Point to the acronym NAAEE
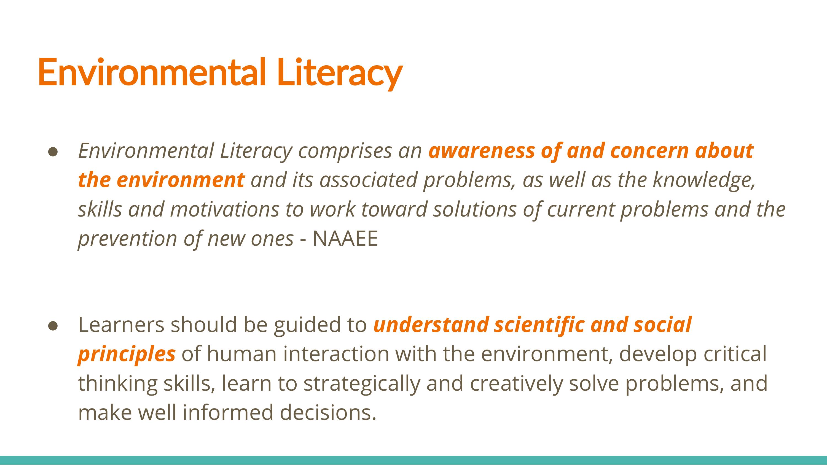click(345, 239)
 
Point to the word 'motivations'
click(225, 209)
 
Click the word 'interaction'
click(335, 354)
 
